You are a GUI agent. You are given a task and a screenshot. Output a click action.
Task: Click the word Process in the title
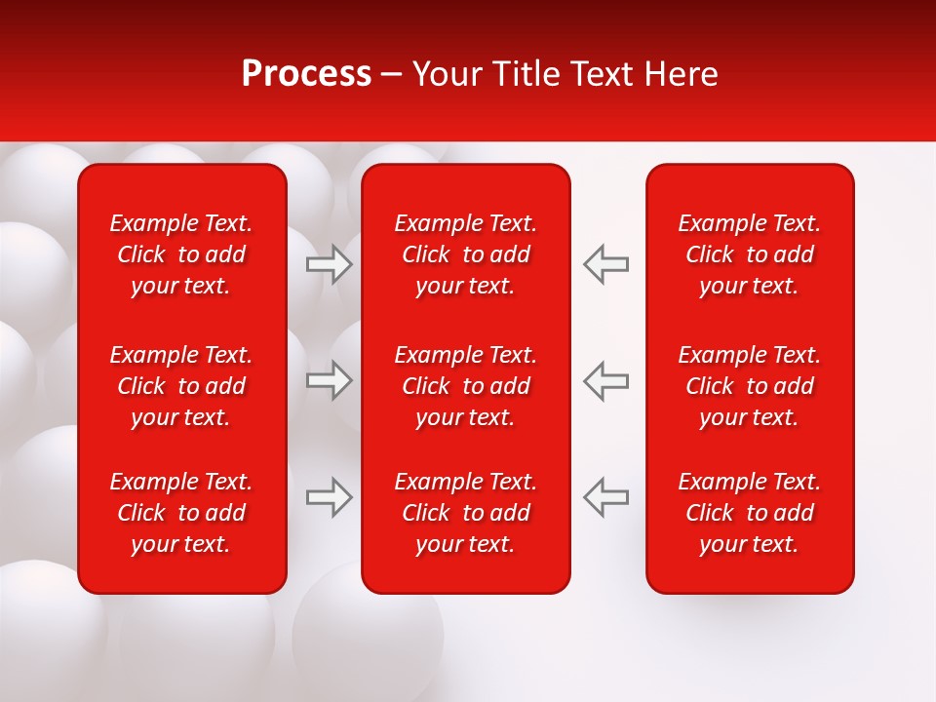coord(306,74)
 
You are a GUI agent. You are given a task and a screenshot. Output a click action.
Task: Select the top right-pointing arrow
coord(330,264)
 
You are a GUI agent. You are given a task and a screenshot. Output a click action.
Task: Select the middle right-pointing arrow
coord(330,380)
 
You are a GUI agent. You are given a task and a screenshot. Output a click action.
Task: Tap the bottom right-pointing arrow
coord(330,497)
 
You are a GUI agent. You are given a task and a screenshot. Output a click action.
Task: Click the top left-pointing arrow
coord(605,264)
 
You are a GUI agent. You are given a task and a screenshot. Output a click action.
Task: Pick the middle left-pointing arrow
coord(605,380)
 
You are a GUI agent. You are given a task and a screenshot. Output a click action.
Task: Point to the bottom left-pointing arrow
coord(605,497)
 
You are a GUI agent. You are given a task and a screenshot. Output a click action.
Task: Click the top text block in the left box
coord(181,254)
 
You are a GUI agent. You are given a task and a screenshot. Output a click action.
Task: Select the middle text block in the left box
coord(181,386)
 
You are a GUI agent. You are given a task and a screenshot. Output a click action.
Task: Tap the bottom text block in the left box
coord(181,513)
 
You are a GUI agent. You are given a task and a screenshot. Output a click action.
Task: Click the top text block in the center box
coord(465,254)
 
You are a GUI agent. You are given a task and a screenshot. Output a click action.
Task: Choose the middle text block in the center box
coord(465,386)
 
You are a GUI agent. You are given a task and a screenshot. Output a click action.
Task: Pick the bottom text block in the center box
coord(465,513)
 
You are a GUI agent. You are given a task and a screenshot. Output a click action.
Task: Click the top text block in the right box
coord(749,254)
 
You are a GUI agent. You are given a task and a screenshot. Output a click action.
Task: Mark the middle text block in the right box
coord(749,386)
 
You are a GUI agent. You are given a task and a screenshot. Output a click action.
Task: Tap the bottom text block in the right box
coord(749,513)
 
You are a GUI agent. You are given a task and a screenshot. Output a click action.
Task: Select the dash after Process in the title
coord(391,75)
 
